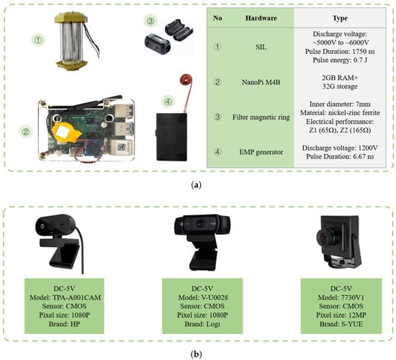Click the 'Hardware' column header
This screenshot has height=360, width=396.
click(x=261, y=18)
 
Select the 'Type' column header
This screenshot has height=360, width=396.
click(x=340, y=18)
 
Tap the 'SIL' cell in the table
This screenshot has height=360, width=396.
click(x=261, y=47)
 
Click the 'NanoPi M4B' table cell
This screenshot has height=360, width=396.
click(x=261, y=82)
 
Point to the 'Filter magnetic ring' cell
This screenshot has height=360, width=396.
click(x=261, y=117)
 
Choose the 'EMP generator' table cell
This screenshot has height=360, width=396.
click(x=261, y=152)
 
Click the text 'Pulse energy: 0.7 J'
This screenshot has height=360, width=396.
click(x=340, y=60)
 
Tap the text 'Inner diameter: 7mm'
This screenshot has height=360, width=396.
click(x=340, y=104)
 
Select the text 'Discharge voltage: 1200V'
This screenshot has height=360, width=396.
click(x=340, y=148)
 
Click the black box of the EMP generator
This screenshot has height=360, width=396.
click(x=171, y=137)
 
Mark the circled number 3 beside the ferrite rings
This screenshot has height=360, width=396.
click(x=150, y=21)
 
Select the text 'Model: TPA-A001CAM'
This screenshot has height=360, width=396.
click(x=65, y=297)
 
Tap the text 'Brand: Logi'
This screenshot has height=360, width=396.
click(x=202, y=324)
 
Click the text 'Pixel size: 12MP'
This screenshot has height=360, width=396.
click(x=341, y=315)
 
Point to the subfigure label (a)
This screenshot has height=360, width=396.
click(x=197, y=185)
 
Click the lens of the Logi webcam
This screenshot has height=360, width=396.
click(x=200, y=224)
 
